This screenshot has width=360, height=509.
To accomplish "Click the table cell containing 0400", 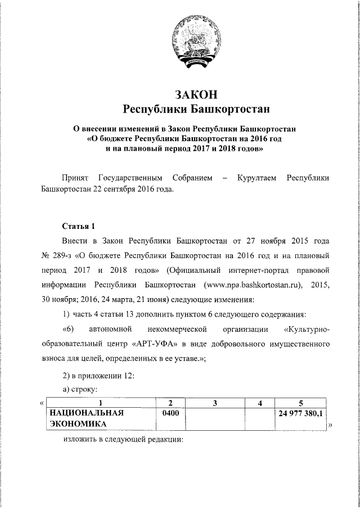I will [x=170, y=414].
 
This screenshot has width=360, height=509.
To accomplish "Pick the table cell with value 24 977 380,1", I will [x=301, y=414].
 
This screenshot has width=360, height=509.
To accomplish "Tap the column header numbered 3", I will [x=215, y=403].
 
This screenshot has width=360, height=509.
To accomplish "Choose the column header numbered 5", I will [x=301, y=403].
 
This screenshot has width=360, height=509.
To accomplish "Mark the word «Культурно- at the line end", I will [x=307, y=328].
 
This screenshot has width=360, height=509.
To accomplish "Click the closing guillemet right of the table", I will [x=330, y=426].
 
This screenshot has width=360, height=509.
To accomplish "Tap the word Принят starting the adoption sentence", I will [x=75, y=178].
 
